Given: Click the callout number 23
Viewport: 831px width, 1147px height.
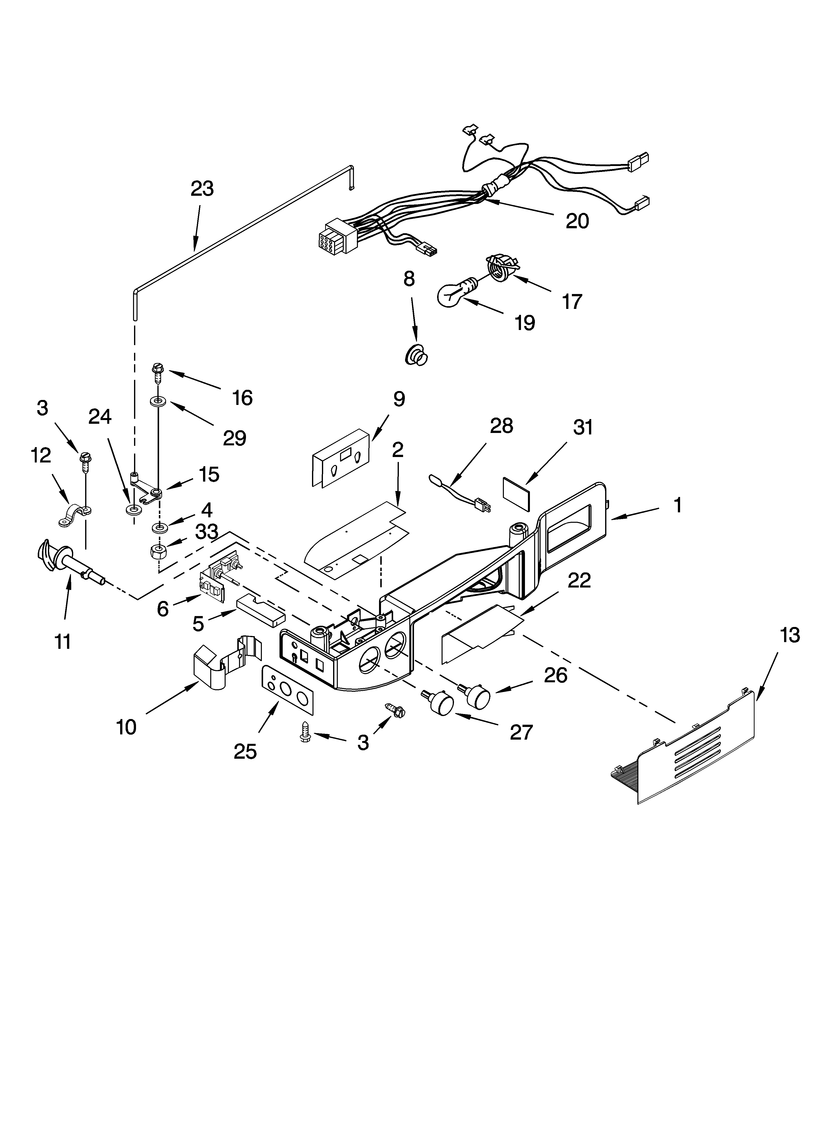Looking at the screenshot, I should tap(202, 189).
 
